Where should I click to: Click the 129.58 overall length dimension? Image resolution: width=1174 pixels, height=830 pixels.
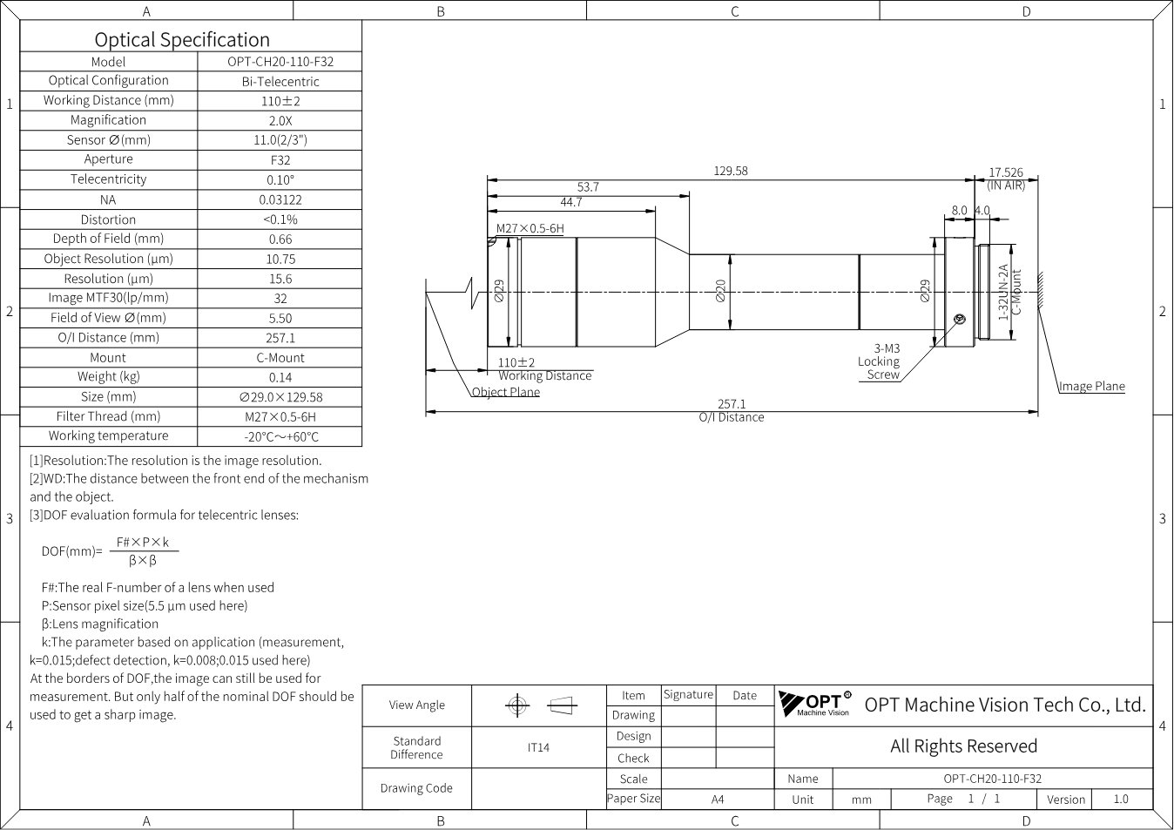731,171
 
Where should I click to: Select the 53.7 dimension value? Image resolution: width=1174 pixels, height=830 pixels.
588,187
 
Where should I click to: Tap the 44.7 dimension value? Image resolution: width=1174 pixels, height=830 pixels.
571,202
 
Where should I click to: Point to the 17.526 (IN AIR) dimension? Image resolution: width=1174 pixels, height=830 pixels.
1006,179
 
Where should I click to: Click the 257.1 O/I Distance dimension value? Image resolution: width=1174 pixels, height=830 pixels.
732,404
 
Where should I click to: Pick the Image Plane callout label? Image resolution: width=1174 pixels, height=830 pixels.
1092,386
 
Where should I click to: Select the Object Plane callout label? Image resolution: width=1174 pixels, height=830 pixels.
506,392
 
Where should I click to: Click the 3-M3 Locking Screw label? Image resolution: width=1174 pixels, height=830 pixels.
879,361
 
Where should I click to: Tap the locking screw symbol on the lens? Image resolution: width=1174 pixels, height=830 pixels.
960,319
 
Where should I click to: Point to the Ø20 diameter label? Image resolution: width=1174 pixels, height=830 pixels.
720,290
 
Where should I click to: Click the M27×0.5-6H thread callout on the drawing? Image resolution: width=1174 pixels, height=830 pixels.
530,228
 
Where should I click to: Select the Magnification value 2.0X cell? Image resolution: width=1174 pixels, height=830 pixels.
280,121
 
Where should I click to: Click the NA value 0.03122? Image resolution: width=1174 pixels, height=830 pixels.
280,199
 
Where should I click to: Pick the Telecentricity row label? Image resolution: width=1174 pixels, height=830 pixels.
109,179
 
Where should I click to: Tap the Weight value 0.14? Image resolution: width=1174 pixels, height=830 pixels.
280,377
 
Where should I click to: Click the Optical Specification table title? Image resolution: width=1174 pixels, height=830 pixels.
182,40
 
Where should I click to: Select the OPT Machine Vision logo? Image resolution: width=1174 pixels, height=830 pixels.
815,704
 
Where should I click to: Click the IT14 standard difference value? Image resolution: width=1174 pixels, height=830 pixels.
538,747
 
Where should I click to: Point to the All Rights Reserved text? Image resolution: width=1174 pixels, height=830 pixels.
963,746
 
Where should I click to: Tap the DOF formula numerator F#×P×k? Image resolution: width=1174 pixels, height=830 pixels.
143,543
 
